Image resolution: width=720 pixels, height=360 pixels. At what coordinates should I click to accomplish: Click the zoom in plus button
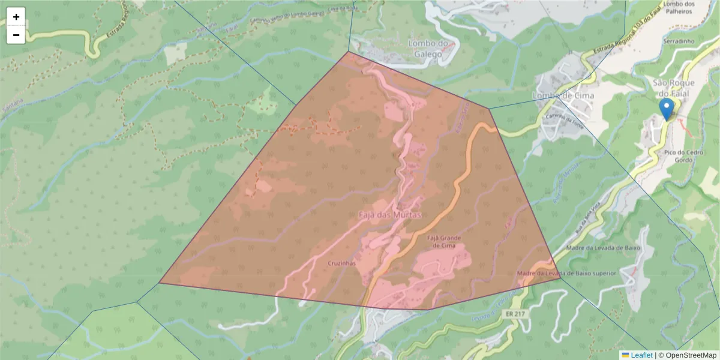pyautogui.click(x=16, y=17)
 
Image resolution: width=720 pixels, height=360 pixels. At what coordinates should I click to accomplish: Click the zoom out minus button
pyautogui.click(x=16, y=35)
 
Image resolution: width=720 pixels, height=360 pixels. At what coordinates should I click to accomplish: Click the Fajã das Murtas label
pyautogui.click(x=390, y=214)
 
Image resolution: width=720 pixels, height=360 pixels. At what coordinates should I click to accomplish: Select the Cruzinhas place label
pyautogui.click(x=342, y=263)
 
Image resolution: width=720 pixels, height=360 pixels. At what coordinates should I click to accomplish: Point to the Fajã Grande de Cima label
pyautogui.click(x=443, y=242)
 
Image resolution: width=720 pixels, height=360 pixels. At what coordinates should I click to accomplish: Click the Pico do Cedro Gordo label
pyautogui.click(x=686, y=157)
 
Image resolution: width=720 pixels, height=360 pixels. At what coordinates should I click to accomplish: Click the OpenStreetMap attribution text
pyautogui.click(x=689, y=355)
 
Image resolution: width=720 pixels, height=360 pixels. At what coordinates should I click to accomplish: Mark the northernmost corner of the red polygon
pyautogui.click(x=348, y=52)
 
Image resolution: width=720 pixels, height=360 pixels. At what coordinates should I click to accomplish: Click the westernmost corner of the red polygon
pyautogui.click(x=160, y=283)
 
